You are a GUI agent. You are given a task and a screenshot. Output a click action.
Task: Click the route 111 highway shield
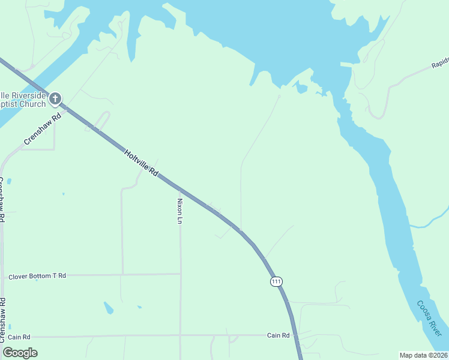pyautogui.click(x=276, y=281)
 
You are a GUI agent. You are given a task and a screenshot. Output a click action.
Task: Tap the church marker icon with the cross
pyautogui.click(x=55, y=98)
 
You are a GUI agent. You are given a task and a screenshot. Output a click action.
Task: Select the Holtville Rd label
pyautogui.click(x=141, y=162)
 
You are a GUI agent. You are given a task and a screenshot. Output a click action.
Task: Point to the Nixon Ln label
pyautogui.click(x=179, y=211)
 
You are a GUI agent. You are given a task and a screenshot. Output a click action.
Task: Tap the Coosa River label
pyautogui.click(x=430, y=318)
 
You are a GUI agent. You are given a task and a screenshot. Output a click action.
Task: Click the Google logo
pyautogui.click(x=20, y=353)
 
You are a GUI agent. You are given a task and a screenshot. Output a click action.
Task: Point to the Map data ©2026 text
pyautogui.click(x=423, y=355)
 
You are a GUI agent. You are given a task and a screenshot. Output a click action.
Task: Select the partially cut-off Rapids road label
pyautogui.click(x=440, y=64)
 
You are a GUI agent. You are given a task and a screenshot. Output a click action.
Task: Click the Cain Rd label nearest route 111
pyautogui.click(x=279, y=335)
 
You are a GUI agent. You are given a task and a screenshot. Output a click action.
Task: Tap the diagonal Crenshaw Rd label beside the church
pyautogui.click(x=43, y=128)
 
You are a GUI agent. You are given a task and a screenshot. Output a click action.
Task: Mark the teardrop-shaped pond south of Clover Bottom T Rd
pyautogui.click(x=109, y=308)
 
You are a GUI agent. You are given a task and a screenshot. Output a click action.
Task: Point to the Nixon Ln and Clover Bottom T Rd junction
pyautogui.click(x=181, y=274)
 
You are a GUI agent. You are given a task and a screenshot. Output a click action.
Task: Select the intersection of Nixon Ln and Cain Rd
pyautogui.click(x=181, y=335)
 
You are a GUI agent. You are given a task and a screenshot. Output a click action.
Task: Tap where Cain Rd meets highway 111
pyautogui.click(x=295, y=335)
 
